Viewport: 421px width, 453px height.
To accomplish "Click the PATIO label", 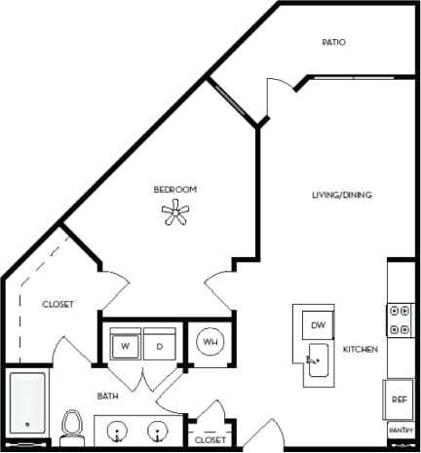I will click(x=334, y=42).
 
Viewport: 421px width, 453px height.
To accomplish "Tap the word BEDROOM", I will click(x=175, y=188).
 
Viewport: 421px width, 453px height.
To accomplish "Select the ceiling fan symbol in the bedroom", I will click(x=175, y=212).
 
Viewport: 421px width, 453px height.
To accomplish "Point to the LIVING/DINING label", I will click(x=341, y=195).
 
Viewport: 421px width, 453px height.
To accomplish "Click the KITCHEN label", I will click(x=360, y=349).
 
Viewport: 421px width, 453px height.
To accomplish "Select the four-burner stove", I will click(x=400, y=320).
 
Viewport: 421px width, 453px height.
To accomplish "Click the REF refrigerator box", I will click(x=400, y=398).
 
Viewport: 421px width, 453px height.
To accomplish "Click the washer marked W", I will click(x=126, y=345).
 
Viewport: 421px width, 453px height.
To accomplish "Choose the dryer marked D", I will click(x=158, y=345).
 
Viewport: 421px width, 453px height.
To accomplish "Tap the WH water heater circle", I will click(x=209, y=343).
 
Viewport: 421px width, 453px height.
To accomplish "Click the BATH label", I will click(x=107, y=396).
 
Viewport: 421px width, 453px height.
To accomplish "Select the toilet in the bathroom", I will click(x=70, y=426).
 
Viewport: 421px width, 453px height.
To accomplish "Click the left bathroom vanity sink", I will click(x=119, y=430).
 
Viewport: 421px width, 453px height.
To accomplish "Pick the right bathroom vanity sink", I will click(x=156, y=430).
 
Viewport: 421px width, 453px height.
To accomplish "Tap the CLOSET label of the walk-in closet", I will click(x=57, y=304).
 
